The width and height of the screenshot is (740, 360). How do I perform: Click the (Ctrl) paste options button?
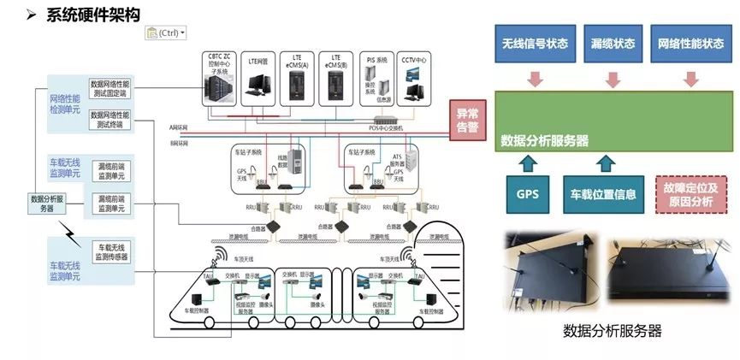(x=166, y=32)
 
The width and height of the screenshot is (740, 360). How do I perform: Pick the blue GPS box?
(x=528, y=194)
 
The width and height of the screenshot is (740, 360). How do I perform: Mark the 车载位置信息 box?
(x=603, y=194)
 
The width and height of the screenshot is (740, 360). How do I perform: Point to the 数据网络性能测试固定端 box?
(x=109, y=89)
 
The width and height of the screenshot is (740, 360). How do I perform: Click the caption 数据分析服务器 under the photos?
(x=613, y=331)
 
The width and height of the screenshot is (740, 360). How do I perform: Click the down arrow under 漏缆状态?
(x=613, y=80)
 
